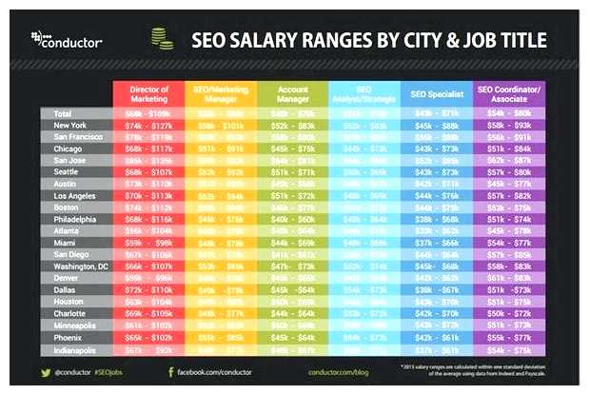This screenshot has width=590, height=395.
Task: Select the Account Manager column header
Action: (292, 93)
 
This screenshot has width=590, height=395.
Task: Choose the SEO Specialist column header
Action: (437, 93)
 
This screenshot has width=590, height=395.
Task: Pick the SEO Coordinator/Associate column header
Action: (509, 93)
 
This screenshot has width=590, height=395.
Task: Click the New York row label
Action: (72, 126)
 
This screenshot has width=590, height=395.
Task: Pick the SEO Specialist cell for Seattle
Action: (437, 172)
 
